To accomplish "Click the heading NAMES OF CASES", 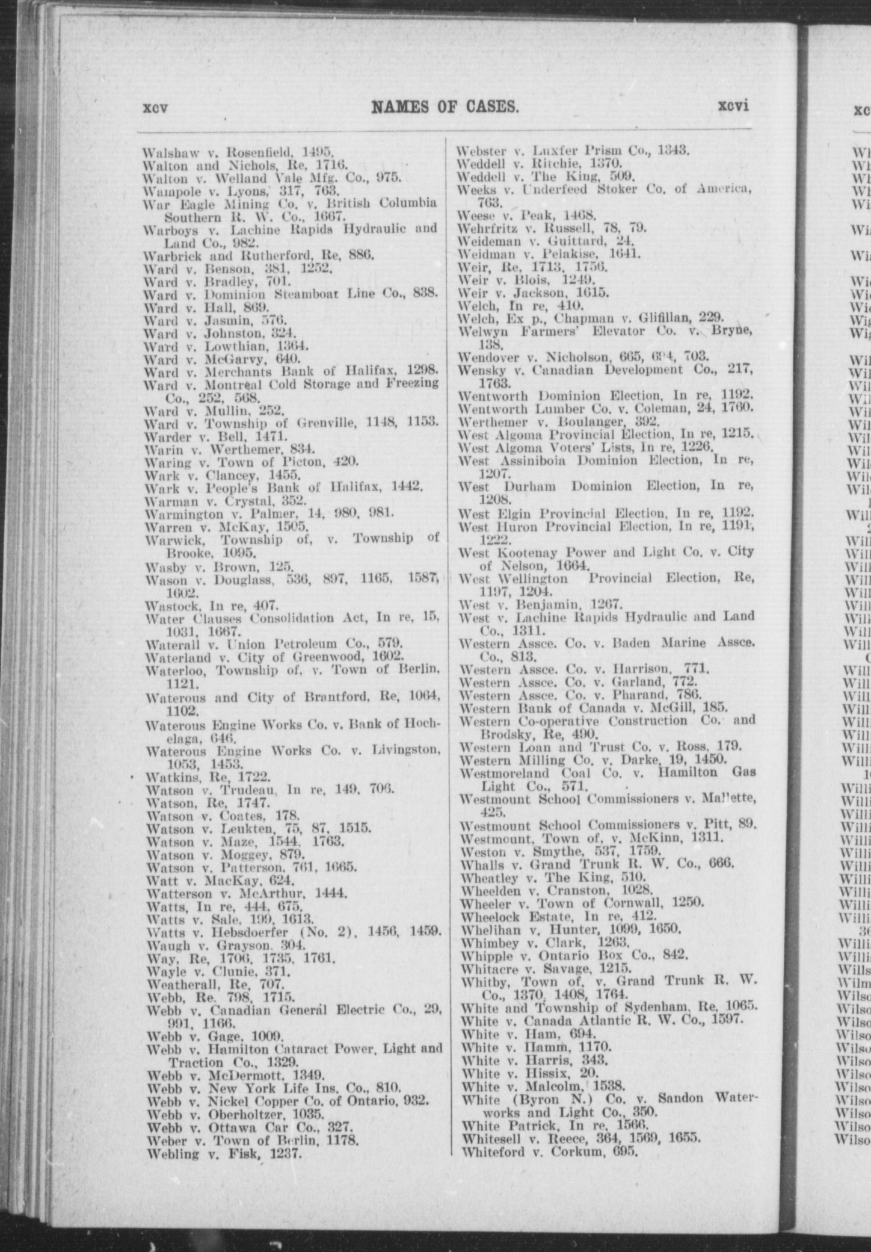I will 445,107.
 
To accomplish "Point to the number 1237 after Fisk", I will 283,1137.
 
